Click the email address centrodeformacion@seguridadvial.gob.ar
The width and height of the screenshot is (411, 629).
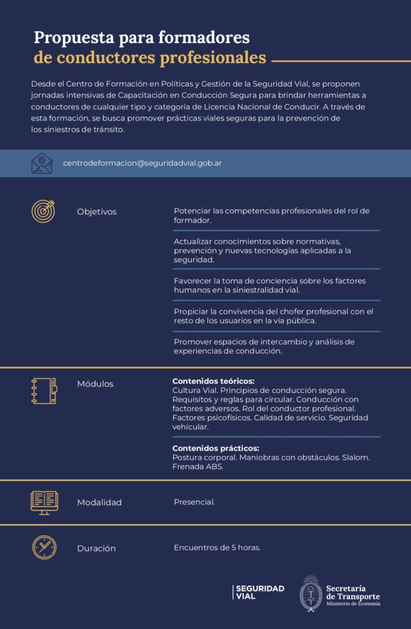[x=142, y=163]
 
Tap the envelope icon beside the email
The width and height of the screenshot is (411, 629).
[x=42, y=163]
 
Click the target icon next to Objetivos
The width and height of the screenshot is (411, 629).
[x=43, y=211]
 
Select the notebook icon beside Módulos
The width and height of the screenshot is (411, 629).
[x=44, y=391]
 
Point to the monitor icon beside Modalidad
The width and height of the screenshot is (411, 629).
[x=44, y=502]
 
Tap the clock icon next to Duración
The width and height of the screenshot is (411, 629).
[x=44, y=547]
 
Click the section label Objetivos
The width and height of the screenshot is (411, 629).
[x=97, y=212]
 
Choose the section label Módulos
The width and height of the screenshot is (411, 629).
[x=95, y=384]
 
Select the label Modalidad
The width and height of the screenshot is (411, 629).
[x=99, y=502]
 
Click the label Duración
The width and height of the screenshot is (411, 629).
[x=96, y=549]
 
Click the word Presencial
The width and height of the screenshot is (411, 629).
[x=194, y=502]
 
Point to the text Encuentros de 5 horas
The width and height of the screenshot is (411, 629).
[x=217, y=548]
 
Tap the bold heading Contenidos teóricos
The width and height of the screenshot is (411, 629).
[x=213, y=381]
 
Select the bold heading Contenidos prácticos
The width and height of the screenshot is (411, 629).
[x=215, y=448]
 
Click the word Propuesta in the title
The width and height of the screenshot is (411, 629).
[x=68, y=37]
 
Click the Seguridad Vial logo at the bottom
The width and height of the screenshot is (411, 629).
[x=258, y=592]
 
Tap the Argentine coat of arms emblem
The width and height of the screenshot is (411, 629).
[x=311, y=594]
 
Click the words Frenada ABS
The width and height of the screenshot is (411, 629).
[x=198, y=467]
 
